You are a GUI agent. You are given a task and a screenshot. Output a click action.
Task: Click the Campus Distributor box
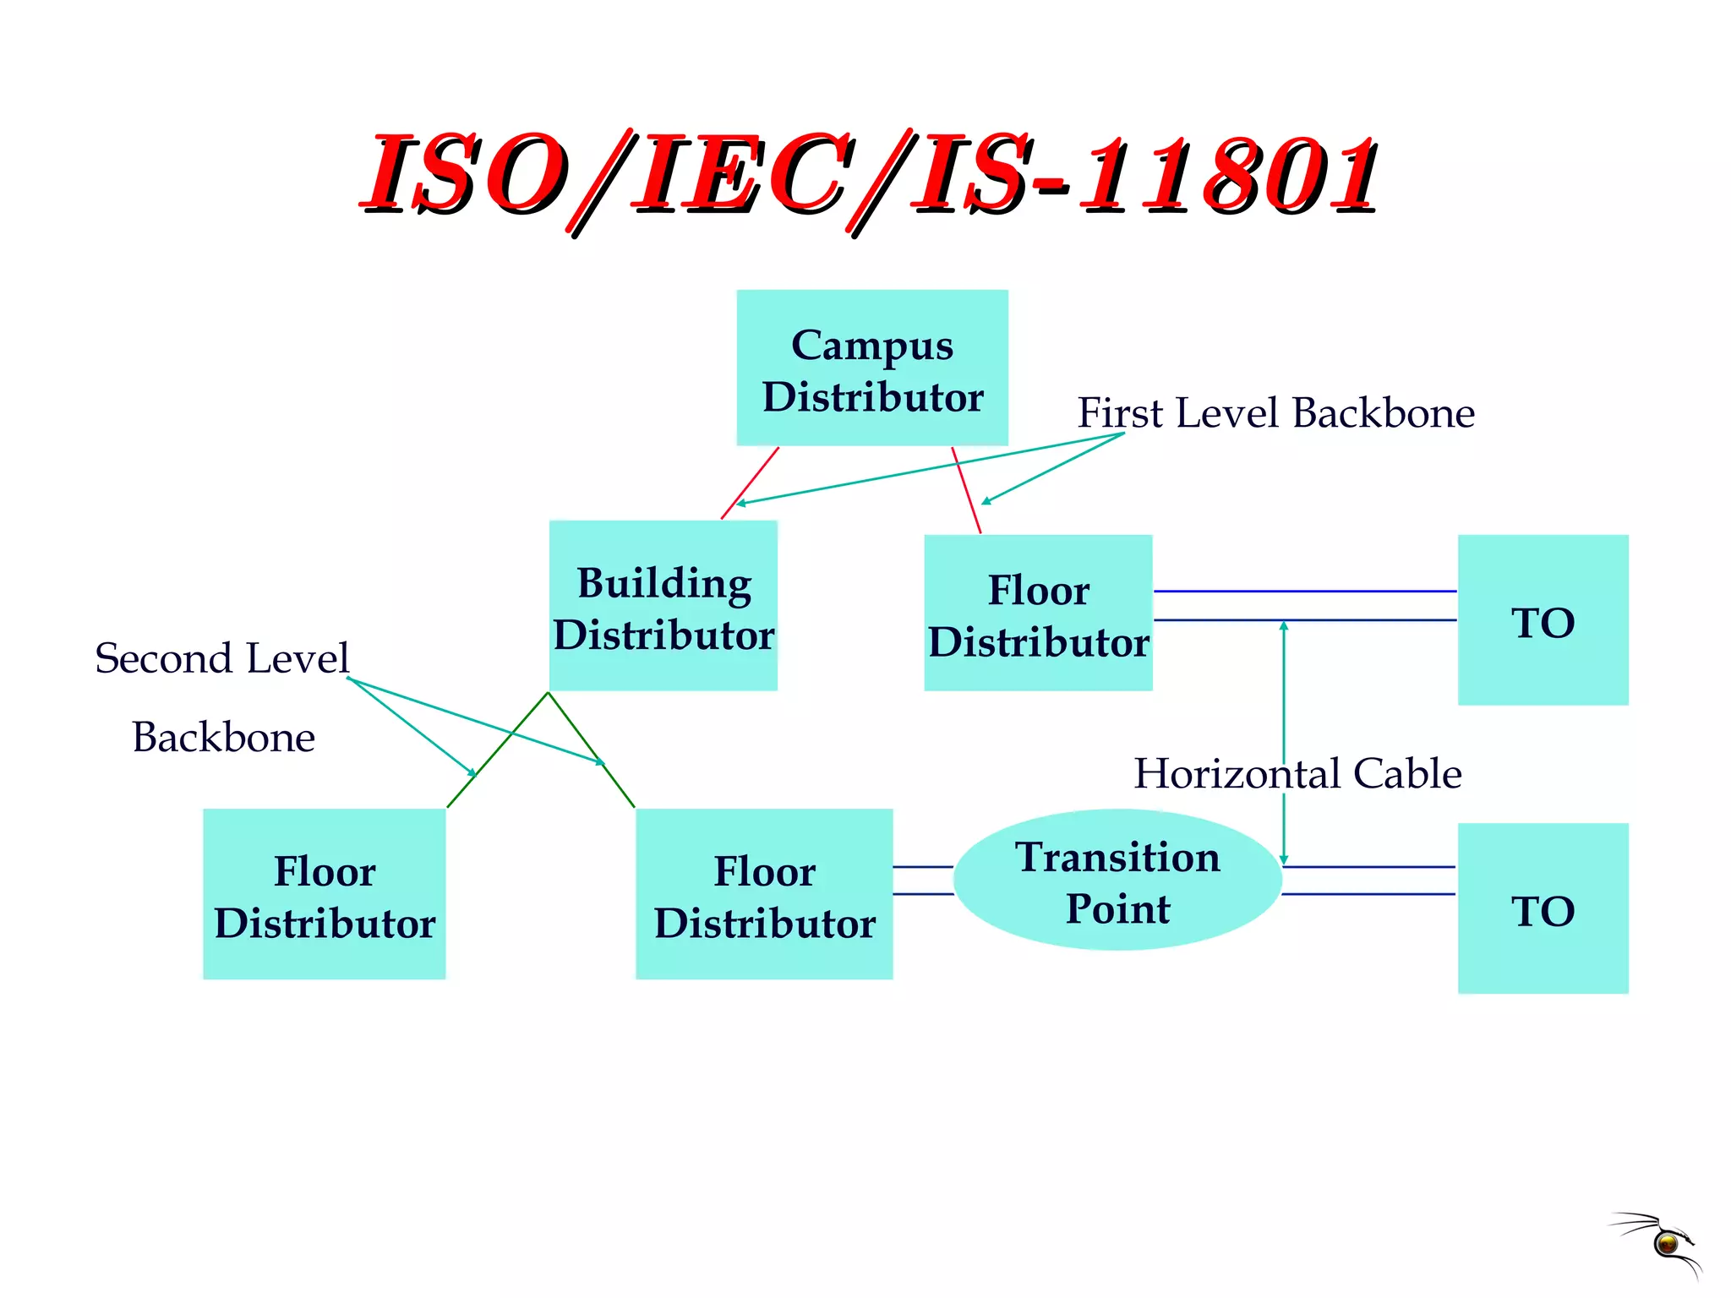[872, 368]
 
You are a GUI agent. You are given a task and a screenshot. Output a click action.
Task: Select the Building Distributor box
[663, 606]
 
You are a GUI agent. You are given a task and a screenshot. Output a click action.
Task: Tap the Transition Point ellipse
[1117, 881]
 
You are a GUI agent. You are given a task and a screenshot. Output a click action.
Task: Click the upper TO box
[1543, 619]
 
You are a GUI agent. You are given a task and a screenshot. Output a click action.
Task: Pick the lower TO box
[1543, 908]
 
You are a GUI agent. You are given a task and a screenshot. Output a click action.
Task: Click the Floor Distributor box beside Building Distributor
[1038, 614]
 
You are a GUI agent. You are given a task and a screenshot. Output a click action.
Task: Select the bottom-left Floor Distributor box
[325, 894]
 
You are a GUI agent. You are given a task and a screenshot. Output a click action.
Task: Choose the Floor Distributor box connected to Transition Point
[764, 894]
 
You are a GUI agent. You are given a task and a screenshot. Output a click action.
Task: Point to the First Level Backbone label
[1275, 413]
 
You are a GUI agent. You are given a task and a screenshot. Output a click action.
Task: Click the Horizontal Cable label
[1297, 773]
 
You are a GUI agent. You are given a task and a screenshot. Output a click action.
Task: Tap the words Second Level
[221, 658]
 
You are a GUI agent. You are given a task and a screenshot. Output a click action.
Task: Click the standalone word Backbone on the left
[224, 737]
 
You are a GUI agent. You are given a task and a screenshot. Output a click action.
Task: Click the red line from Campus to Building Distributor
[749, 483]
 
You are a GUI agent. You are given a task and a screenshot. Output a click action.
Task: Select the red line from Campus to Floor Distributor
[966, 490]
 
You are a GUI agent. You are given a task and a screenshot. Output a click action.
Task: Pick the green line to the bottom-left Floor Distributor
[497, 750]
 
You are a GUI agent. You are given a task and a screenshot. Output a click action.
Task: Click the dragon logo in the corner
[1661, 1242]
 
